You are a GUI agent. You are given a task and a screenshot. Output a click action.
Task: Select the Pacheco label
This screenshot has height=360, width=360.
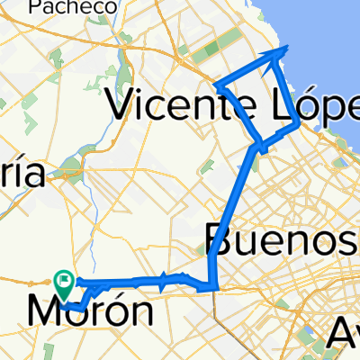(x=72, y=7)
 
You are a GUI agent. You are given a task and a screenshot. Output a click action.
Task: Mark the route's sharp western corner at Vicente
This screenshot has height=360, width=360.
(x=216, y=85)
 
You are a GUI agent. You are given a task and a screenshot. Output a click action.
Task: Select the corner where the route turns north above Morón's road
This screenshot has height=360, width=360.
(x=212, y=287)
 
